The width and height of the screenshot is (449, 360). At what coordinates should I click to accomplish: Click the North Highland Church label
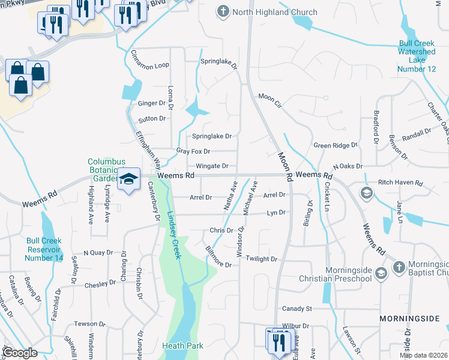point(267,11)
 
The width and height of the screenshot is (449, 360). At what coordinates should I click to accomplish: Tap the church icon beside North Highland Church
point(223,11)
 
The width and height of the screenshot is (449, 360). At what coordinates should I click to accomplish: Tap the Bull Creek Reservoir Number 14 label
point(44,249)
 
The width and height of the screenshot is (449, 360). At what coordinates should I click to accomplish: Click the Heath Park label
point(182,346)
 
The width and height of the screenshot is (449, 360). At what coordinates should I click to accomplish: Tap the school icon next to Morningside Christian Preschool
point(380,274)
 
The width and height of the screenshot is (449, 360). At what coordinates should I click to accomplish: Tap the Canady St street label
point(297,308)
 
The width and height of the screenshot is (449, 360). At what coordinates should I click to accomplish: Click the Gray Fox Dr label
point(193,151)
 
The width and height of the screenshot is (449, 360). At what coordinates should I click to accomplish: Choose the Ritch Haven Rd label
point(400,182)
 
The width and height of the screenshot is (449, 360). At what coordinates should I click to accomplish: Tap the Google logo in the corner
point(20,353)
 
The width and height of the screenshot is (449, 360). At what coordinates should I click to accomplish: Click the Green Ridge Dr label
point(336,145)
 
